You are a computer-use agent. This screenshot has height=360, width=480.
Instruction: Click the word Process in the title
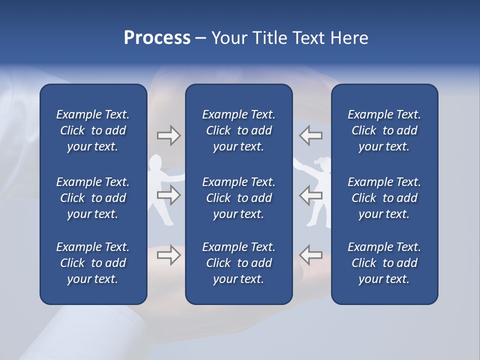[157, 38]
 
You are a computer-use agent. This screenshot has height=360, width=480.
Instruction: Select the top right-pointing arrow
[168, 135]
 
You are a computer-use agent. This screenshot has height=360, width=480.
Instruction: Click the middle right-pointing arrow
[168, 195]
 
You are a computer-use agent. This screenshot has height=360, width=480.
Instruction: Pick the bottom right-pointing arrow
[168, 255]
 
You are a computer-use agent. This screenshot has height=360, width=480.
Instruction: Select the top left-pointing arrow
[310, 135]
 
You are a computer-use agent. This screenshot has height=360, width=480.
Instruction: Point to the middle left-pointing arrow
[310, 195]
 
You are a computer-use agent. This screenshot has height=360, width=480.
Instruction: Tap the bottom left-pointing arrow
[310, 255]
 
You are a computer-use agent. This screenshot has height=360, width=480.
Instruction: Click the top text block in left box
[93, 130]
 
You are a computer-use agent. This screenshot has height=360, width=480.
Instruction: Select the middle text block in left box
[93, 198]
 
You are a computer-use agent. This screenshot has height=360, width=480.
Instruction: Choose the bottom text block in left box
[93, 263]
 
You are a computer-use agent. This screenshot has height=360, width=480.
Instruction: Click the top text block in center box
[239, 130]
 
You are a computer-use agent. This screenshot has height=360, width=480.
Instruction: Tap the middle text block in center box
[239, 198]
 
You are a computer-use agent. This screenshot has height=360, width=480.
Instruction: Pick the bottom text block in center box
[239, 263]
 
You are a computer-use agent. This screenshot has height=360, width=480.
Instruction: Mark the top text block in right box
[384, 130]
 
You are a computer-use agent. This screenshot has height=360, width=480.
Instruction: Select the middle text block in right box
[384, 198]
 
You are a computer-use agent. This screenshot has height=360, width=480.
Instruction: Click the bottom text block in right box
[384, 263]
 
